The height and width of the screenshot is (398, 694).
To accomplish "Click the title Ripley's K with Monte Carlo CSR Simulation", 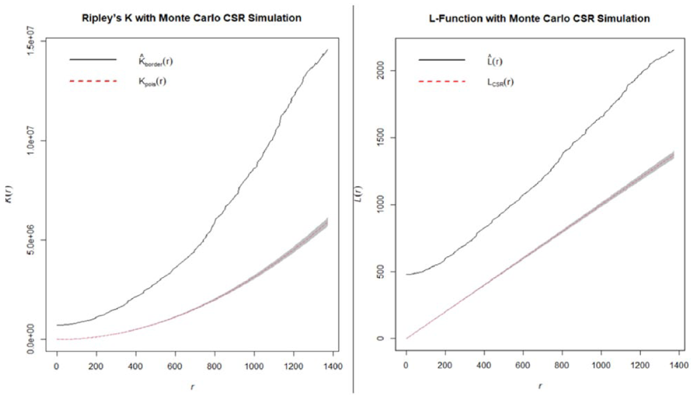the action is point(192,18).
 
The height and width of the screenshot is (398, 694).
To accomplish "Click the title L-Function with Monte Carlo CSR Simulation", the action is point(539,19).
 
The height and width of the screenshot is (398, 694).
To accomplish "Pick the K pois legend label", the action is point(153,82).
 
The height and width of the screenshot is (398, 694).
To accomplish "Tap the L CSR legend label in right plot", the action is point(501,82).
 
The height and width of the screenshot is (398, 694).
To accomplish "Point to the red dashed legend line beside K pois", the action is point(93,81).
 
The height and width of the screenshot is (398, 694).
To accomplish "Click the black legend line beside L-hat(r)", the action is point(442,60).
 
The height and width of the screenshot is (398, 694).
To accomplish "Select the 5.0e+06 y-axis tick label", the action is point(31,240).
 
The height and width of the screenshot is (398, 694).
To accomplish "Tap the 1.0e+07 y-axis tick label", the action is point(31,141).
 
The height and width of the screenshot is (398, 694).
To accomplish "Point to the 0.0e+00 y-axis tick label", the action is point(31,340).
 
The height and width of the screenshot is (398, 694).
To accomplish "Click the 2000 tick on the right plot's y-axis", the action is point(380,71).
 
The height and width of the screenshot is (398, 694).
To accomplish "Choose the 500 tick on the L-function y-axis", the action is point(380,271).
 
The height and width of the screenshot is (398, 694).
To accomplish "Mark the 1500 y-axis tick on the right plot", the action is point(380,138).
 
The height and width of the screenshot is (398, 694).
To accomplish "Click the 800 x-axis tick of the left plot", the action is point(215,366).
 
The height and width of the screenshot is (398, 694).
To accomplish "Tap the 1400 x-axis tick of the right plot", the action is point(678,365).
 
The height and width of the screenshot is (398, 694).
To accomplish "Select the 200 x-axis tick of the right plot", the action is point(445,365).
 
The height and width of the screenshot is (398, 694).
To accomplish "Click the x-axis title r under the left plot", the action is point(193,386).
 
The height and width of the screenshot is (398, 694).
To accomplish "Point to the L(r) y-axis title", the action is point(358,194).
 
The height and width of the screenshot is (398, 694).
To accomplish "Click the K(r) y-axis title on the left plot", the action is point(9,194).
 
